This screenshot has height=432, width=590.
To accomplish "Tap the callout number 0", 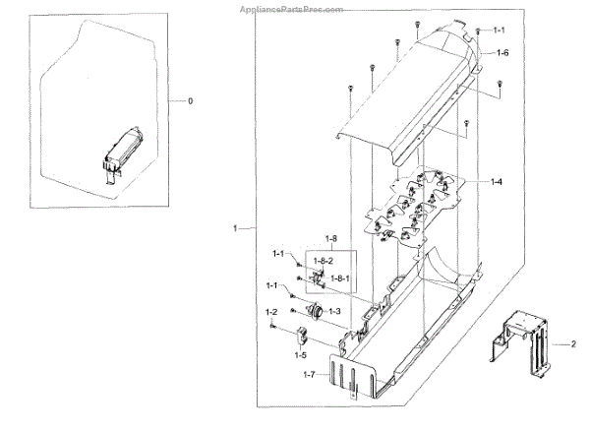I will (x=191, y=101).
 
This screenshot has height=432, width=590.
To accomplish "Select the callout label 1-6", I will (x=501, y=52).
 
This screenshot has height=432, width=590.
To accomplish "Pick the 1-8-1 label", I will (x=341, y=279).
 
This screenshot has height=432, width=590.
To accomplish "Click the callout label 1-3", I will (x=335, y=311).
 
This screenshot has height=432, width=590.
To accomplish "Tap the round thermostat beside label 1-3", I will (x=315, y=311).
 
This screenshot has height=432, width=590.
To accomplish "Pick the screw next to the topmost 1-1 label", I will (x=478, y=32).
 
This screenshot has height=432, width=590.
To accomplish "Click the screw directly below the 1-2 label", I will (x=274, y=328).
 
